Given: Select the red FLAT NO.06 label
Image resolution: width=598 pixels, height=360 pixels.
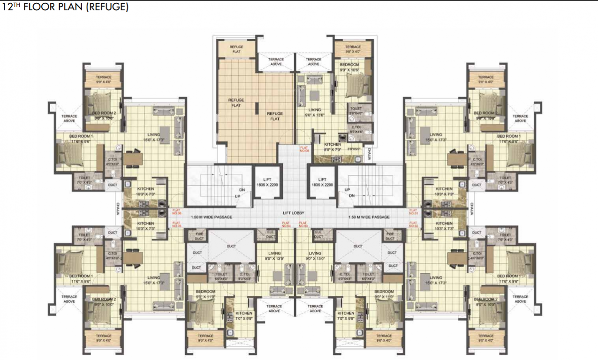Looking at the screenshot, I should (176, 211).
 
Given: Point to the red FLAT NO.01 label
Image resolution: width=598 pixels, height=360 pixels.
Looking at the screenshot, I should (413, 211).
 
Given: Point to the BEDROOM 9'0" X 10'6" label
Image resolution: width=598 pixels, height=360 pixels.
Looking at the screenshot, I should (349, 67).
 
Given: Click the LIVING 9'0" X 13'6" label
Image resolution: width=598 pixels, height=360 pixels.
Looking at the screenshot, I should (315, 112).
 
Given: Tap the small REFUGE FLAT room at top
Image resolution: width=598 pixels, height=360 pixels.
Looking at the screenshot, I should (236, 49).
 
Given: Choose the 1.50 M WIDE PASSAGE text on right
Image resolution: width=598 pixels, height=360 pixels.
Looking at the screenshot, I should (369, 217).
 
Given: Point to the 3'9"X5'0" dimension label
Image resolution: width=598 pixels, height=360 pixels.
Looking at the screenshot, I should (355, 149).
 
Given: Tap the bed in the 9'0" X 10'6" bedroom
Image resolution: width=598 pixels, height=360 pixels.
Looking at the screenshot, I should (359, 86).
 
